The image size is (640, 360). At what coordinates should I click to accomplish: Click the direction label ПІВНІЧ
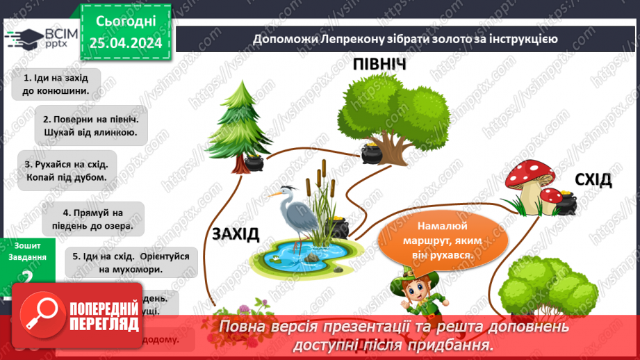379,65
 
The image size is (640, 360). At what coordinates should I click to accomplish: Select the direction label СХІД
593,181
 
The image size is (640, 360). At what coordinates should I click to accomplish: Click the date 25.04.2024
126,42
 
